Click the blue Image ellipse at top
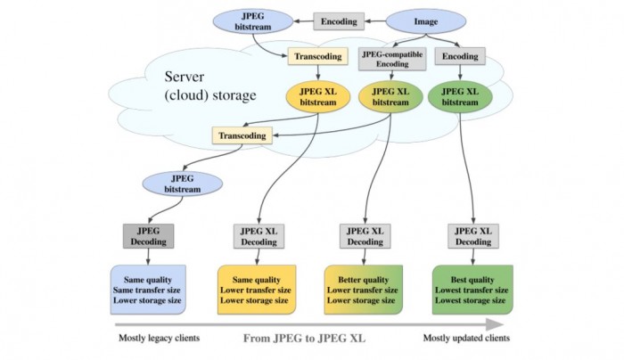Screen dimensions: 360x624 (x=425, y=20)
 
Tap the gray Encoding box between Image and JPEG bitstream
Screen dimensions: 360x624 (x=338, y=20)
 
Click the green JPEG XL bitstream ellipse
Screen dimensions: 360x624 (x=460, y=96)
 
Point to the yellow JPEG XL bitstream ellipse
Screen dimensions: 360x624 (x=318, y=97)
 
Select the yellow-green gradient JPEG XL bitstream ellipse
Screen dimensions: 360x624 (x=389, y=96)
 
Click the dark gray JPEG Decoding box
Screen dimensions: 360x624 (x=148, y=235)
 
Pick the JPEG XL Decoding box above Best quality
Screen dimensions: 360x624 (x=472, y=235)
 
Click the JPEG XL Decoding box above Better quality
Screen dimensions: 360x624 (x=365, y=235)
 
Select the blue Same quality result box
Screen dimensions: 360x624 (x=148, y=290)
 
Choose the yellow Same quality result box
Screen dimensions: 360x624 (x=255, y=290)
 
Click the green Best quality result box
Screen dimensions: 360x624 (x=472, y=290)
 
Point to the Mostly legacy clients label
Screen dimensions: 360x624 (x=160, y=338)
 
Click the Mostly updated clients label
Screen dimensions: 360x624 (x=467, y=338)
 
